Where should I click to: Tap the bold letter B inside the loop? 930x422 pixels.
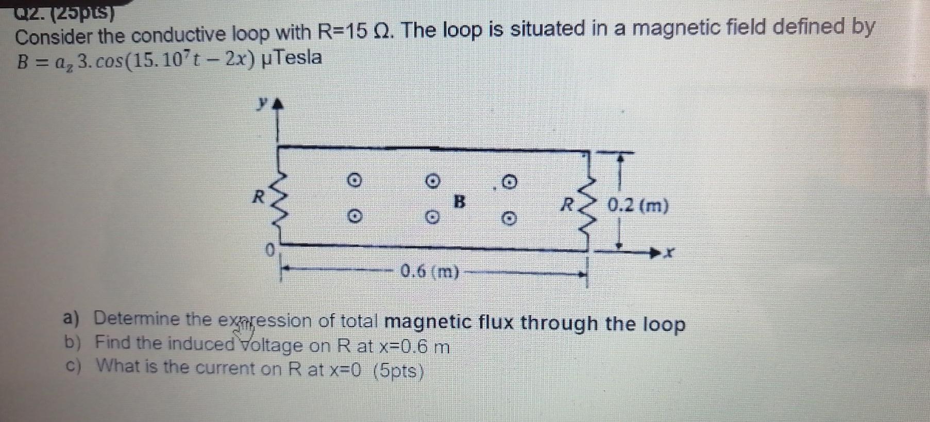coord(459,201)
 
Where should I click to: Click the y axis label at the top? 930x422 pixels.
coord(263,104)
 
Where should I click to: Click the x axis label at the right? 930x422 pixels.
coord(669,253)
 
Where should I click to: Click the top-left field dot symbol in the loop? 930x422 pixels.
coord(353,181)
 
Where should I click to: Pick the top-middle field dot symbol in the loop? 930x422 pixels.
coord(433,181)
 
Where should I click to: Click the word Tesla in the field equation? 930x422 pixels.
coord(298,57)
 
